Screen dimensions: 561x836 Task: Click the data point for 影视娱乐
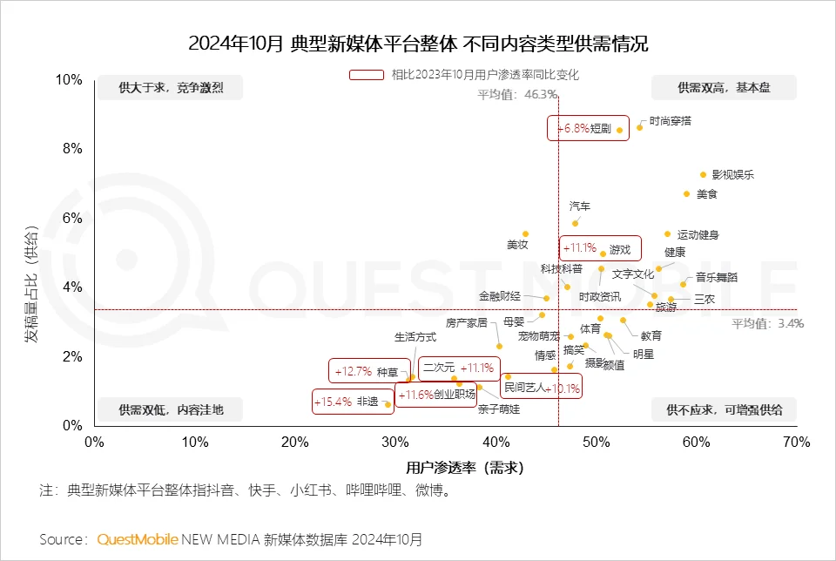(703, 174)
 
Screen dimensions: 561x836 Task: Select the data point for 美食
(686, 193)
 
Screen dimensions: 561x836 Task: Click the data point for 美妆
(525, 233)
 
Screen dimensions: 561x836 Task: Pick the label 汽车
(580, 206)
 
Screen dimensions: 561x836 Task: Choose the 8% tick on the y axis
(71, 149)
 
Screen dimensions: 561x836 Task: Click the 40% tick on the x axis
(496, 443)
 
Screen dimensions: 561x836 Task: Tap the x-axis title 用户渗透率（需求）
(464, 468)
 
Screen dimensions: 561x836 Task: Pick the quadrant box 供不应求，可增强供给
(724, 409)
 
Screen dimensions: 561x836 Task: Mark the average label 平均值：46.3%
(516, 94)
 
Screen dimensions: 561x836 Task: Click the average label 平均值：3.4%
(767, 323)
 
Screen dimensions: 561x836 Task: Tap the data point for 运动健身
(667, 233)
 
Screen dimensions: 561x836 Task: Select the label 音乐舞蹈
(716, 277)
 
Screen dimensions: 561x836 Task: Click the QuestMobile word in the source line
(138, 539)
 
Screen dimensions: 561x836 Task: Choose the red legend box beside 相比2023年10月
(367, 75)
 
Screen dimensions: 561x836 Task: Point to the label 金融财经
(500, 296)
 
